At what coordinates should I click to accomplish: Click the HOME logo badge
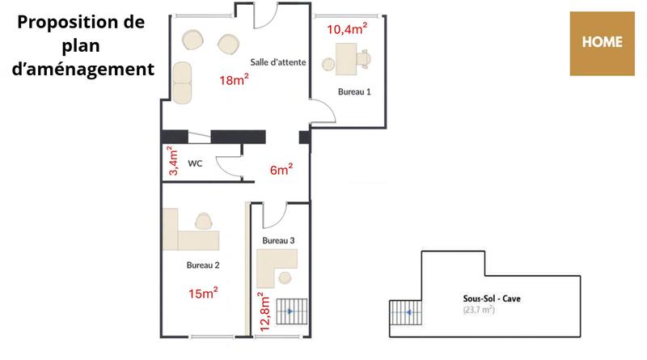click(x=602, y=43)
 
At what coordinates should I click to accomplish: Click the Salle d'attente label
click(x=277, y=62)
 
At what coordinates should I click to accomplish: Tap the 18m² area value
click(x=234, y=80)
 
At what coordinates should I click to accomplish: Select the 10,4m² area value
click(x=347, y=29)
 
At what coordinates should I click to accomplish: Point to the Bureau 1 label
click(x=354, y=92)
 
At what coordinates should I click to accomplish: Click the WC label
click(x=195, y=163)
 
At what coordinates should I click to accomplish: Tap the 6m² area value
click(x=281, y=170)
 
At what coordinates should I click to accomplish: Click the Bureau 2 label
click(x=203, y=265)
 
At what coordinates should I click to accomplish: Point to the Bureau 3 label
click(x=278, y=241)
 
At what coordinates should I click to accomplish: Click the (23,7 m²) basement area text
click(x=479, y=310)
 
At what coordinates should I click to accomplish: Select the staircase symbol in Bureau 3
click(x=292, y=311)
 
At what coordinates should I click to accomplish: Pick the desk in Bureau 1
click(x=347, y=60)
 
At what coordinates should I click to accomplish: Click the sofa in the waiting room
click(x=183, y=82)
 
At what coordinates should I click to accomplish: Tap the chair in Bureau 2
click(x=204, y=219)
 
